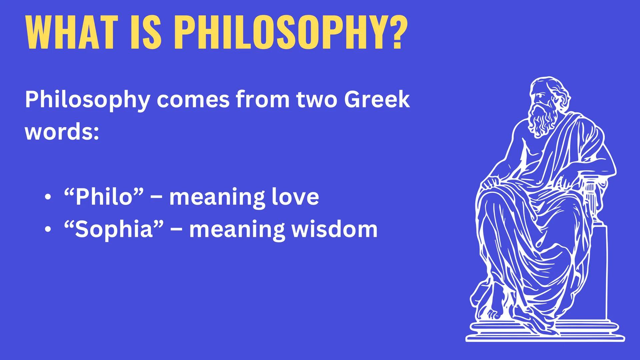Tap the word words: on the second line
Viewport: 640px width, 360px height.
coord(62,132)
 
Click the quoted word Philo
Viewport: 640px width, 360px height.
coord(103,196)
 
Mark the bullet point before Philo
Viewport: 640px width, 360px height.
coord(49,197)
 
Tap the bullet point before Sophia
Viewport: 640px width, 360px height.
coord(49,230)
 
